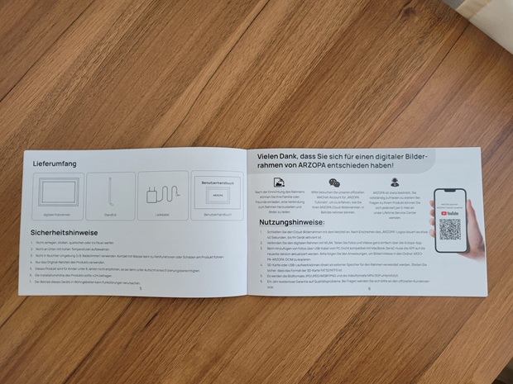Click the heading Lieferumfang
pyautogui.click(x=55, y=164)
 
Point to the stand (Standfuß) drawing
pyautogui.click(x=110, y=196)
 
